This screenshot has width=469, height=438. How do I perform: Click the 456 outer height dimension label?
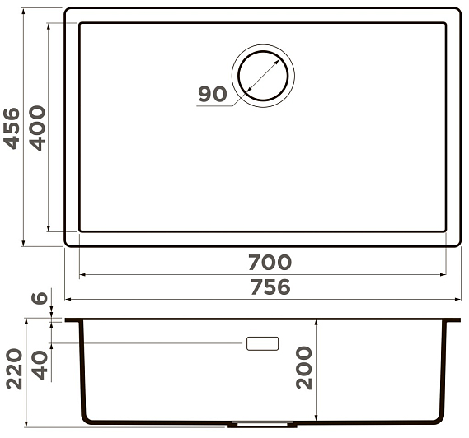tap(12, 128)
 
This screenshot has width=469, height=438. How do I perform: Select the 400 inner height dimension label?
tap(37, 128)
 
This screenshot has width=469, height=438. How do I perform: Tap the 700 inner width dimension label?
tap(270, 262)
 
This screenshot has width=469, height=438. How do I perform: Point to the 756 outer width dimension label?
tap(270, 287)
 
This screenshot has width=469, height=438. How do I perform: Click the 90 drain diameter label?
tap(213, 94)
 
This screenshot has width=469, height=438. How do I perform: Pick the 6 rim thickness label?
tap(40, 298)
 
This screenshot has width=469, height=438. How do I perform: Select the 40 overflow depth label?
tap(40, 365)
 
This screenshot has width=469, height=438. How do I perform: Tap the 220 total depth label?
tap(14, 369)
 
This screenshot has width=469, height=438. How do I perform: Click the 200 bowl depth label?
tap(304, 368)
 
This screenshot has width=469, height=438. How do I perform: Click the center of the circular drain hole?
tap(263, 76)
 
